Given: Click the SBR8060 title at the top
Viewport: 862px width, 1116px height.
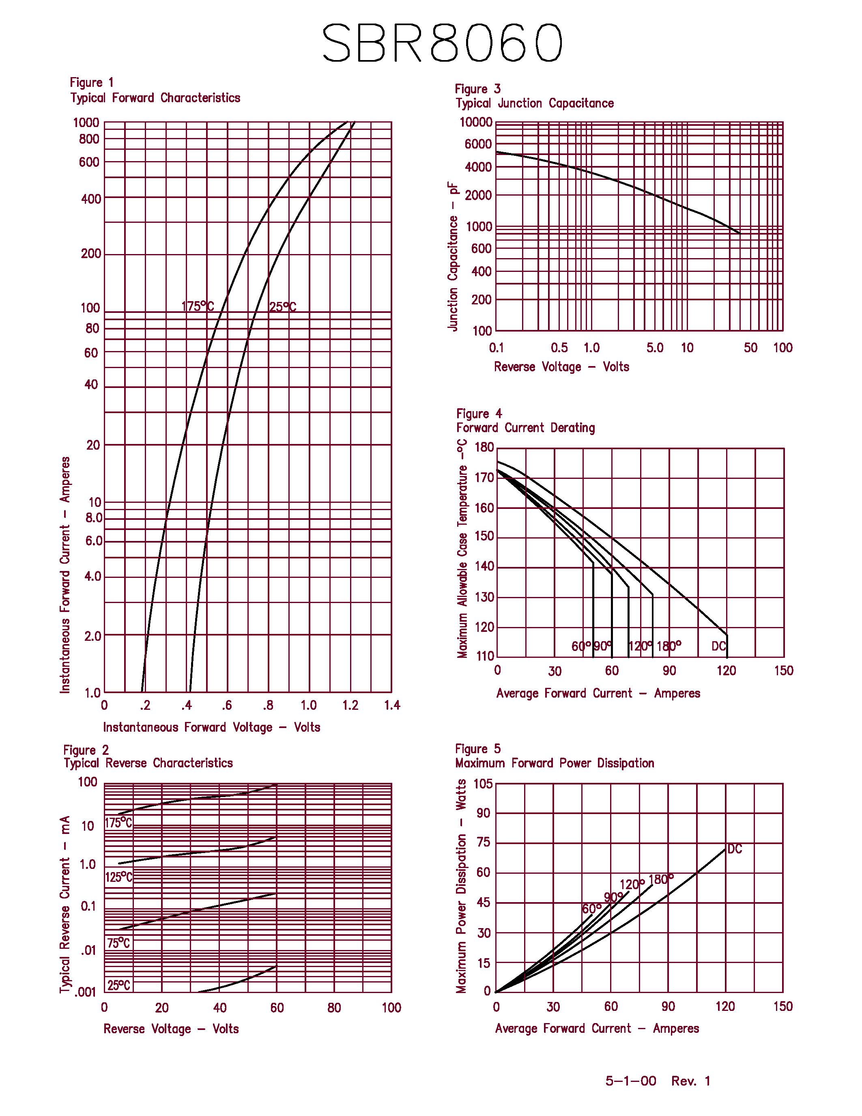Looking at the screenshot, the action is (442, 43).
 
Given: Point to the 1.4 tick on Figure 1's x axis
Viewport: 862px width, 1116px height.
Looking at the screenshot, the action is (392, 705).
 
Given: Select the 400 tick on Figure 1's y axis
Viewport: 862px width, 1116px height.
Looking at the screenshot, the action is (91, 199).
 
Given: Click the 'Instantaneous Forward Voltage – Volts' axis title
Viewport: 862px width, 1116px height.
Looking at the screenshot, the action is (211, 727).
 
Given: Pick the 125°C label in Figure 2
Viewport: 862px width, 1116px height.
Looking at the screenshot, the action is (118, 877).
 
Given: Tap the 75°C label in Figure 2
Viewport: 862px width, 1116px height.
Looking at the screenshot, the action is (118, 943).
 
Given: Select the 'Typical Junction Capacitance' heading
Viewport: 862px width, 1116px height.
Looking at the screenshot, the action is (535, 103).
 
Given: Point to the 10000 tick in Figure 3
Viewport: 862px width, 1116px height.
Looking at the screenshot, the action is (476, 122).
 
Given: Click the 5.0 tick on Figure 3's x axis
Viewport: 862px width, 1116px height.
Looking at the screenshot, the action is (655, 348).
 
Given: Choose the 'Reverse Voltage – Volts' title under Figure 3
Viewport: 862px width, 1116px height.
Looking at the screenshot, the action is (561, 366).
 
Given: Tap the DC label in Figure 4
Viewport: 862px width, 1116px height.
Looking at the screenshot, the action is (718, 646).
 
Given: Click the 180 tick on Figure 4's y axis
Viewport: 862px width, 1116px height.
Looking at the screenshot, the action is (484, 447).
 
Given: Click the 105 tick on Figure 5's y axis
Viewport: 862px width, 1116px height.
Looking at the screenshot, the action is (483, 784).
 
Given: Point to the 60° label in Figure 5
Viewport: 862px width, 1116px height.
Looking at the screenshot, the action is (591, 909).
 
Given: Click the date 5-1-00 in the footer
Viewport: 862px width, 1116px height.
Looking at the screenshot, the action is (631, 1081).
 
